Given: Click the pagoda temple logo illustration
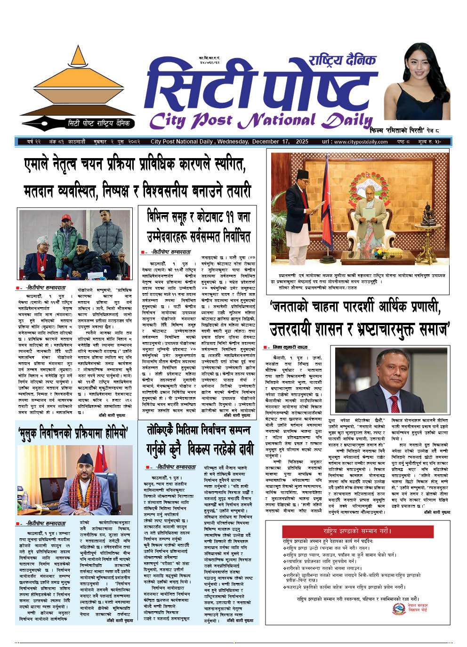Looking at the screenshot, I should click(78, 85).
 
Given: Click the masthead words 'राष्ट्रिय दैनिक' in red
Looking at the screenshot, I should click(342, 60).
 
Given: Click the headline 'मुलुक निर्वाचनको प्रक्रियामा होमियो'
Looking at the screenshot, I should click(73, 432).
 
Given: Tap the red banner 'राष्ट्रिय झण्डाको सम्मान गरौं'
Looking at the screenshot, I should click(337, 530).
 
